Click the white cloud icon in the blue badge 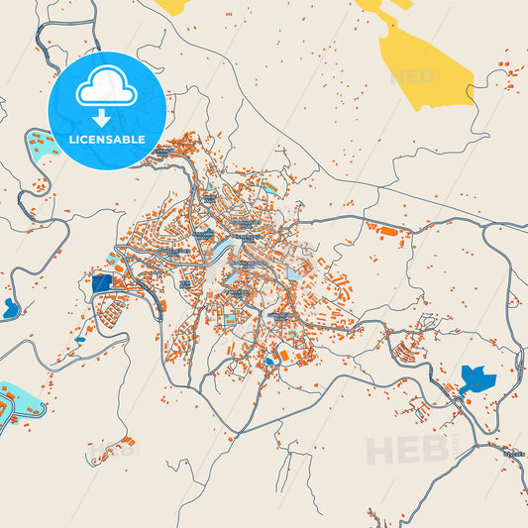coord(106,90)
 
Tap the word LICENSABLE coord(106,139)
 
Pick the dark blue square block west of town coord(101,282)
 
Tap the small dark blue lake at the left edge coord(10,308)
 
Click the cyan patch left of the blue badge coord(38,149)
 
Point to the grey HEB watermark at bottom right coord(406,450)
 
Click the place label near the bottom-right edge coord(514,453)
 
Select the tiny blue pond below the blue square coord(79,340)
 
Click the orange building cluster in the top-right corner coord(509,73)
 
